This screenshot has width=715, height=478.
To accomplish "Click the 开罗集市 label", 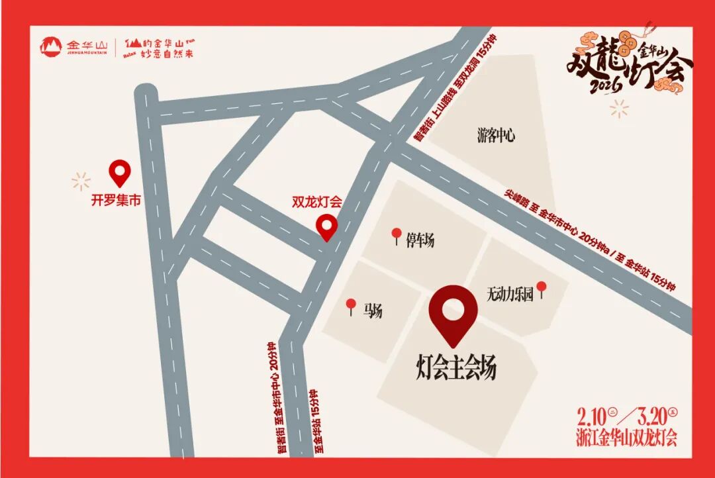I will pos(116,199).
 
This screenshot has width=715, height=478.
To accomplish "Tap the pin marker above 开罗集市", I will pos(120,173).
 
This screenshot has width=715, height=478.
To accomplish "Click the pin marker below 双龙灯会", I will pos(326,227).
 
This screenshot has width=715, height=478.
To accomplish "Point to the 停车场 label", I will pos(420,240).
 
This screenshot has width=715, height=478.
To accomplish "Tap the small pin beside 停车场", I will pos(397,235).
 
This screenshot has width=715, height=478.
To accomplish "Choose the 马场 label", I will pos(373,311).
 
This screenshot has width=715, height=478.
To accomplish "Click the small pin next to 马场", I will pos(351,306).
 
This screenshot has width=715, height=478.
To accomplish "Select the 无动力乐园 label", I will pos(510,294).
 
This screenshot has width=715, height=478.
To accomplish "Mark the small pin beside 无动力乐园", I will pos(542,289).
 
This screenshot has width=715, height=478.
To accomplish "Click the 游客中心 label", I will pos(496,136).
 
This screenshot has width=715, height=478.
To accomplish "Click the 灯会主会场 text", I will pos(456,367).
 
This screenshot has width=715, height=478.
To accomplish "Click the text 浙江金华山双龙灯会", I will pos(626,438).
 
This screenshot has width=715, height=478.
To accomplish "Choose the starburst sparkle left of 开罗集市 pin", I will pos(81,180).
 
